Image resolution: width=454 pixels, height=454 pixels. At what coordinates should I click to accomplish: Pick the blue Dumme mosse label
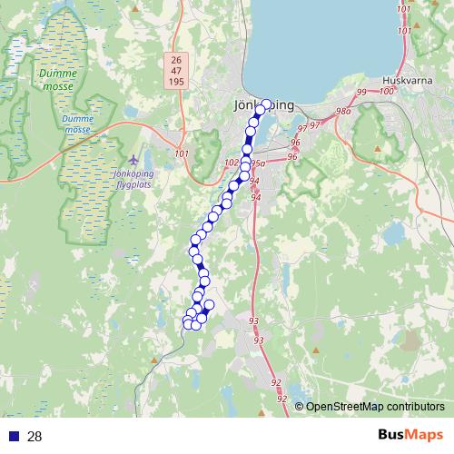coord(78,123)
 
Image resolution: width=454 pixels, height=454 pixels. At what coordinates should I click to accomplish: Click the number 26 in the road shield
coord(175,59)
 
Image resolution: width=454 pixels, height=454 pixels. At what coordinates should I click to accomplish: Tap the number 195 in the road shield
coord(175,82)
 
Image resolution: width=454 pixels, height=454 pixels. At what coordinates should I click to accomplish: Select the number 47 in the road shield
coord(175,70)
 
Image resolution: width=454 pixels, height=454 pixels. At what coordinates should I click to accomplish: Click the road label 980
coord(342,112)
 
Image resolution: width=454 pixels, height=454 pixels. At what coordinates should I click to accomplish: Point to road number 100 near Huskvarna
coord(388,91)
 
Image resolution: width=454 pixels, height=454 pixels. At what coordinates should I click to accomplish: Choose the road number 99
coord(362,93)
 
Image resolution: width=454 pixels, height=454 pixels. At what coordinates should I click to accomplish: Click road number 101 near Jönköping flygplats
coord(182,153)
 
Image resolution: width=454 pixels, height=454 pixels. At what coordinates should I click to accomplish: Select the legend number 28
coord(35,437)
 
